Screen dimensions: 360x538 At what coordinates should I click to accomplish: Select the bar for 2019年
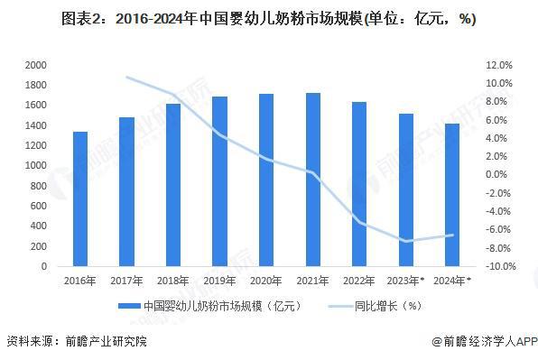(219, 181)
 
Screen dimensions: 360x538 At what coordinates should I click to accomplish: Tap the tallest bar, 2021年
(312, 180)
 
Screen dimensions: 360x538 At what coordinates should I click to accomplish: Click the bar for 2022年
(358, 184)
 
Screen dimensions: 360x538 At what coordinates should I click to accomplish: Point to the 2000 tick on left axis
(36, 66)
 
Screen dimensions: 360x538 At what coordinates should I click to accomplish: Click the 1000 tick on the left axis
(36, 166)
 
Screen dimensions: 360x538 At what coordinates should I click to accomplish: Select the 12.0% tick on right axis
(498, 66)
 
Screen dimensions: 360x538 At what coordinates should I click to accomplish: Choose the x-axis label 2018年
(172, 281)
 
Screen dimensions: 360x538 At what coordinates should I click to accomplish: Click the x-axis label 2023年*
(405, 281)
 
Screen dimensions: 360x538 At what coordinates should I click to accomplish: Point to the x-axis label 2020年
(265, 281)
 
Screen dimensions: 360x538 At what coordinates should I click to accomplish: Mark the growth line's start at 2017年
(126, 77)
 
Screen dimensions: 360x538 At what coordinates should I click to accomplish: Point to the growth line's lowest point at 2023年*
(405, 241)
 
